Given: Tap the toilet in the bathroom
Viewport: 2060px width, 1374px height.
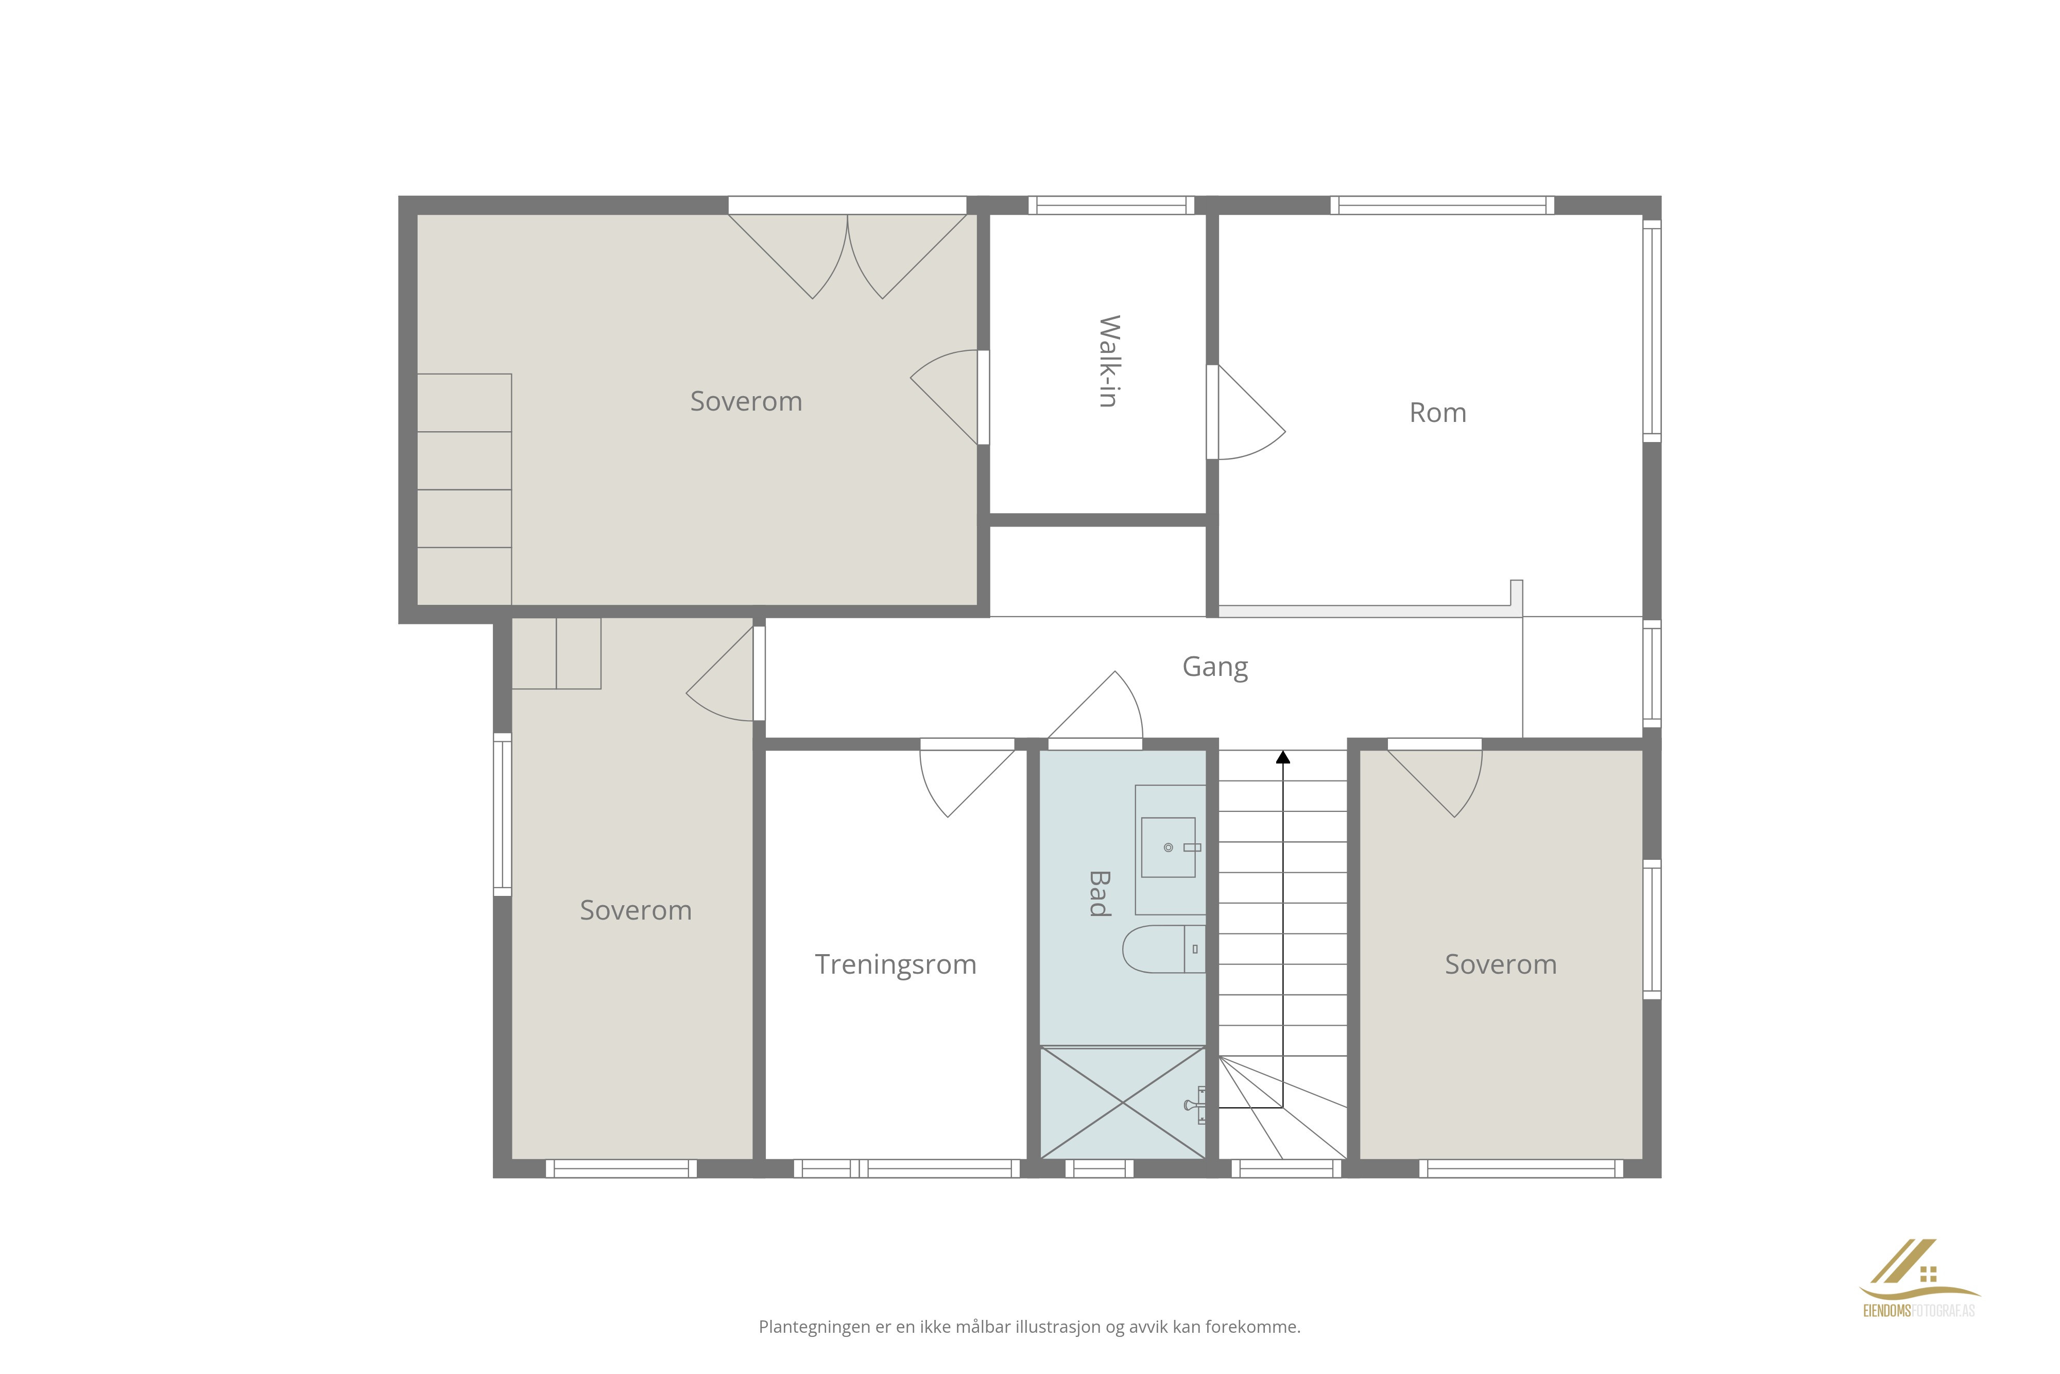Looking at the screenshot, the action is coord(1163,949).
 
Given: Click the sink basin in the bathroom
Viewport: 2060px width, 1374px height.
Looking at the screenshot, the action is coord(1169,847).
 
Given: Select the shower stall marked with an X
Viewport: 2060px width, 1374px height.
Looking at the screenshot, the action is coord(1123,1102).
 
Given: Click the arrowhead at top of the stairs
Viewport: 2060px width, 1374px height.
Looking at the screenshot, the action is coord(1283,756).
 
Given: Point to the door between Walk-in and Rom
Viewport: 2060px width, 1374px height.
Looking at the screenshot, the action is coord(1245,412).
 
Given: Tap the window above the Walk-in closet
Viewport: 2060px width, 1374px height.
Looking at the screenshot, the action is coord(1110,205).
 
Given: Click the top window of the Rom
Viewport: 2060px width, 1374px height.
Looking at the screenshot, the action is coord(1443,205).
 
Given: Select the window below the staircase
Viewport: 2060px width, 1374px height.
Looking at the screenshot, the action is coord(1286,1168).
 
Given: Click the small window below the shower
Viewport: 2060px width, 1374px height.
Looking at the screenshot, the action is coord(1099,1168).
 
